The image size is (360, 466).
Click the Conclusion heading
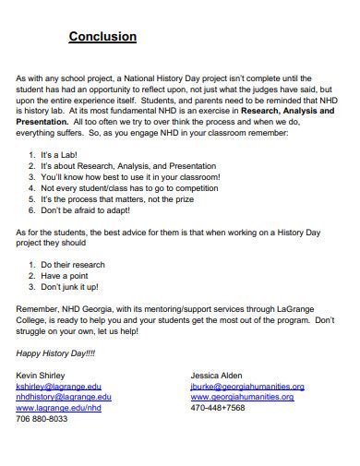[102, 37]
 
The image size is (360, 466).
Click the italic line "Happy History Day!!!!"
[57, 352]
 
